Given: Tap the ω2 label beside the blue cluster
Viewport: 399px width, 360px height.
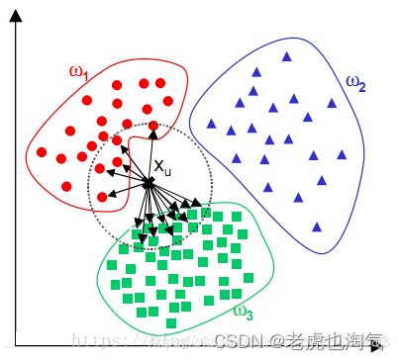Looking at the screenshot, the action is pos(355,84).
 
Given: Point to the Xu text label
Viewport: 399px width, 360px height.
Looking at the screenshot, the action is pos(162,169).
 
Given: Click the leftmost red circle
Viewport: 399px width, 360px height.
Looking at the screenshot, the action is pos(44,151).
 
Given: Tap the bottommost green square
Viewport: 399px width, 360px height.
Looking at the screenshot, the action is pos(171,323).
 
